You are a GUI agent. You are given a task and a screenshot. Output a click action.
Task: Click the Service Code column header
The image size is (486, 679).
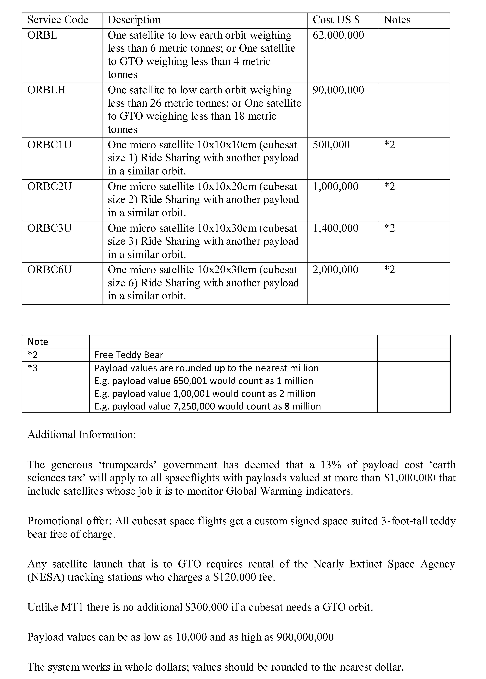coord(58,20)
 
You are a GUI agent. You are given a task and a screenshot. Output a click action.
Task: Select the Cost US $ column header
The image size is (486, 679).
coord(336,20)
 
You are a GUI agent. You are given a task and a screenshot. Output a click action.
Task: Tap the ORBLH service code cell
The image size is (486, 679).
coord(46,90)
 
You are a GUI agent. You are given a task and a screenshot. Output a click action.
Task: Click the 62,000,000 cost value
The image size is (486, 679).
coord(338,35)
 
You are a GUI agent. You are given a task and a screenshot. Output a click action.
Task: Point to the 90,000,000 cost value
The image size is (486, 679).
coord(338,90)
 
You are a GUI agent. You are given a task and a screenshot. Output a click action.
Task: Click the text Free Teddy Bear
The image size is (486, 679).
coord(129,355)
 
